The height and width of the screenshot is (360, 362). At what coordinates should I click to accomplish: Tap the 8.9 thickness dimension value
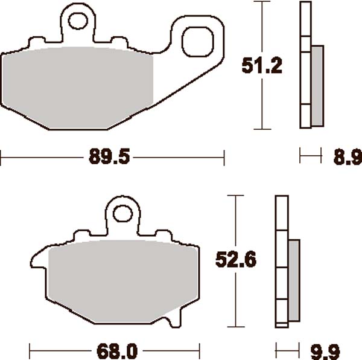[348, 158]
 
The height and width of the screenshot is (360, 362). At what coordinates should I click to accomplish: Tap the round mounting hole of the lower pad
[123, 213]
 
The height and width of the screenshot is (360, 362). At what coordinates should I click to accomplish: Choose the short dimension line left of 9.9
[287, 350]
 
